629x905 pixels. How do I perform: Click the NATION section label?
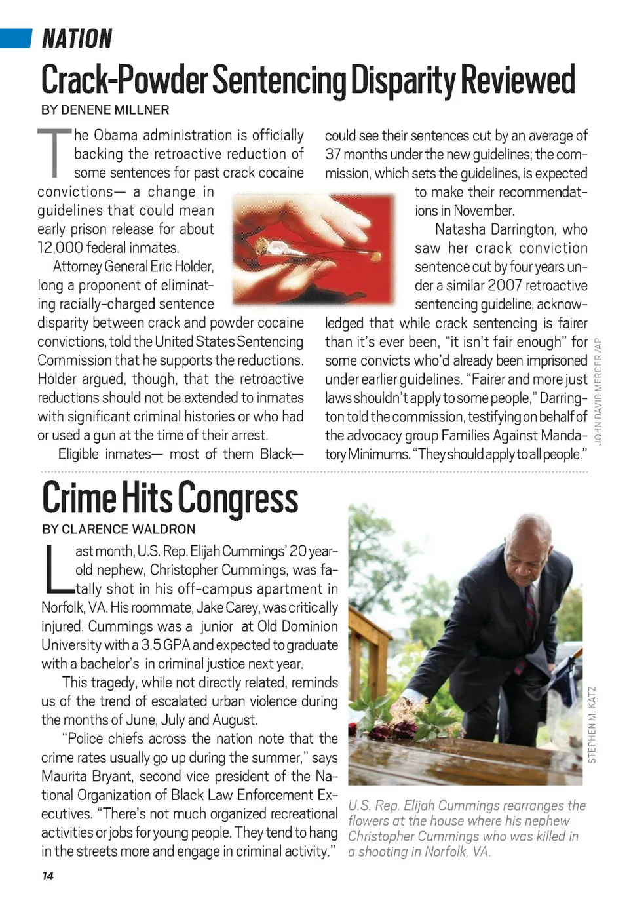click(x=77, y=39)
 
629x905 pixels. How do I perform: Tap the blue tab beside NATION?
click(x=16, y=38)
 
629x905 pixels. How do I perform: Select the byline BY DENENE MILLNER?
click(x=105, y=110)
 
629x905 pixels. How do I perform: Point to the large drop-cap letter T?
click(x=54, y=153)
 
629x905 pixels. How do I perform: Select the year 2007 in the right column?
click(x=514, y=286)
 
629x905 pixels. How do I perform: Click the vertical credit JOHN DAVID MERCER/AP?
click(x=598, y=391)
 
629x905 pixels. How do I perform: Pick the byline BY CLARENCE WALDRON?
click(x=118, y=530)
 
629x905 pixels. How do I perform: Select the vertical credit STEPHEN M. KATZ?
click(x=592, y=725)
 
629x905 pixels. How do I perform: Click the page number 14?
click(x=47, y=876)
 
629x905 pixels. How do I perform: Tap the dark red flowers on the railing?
click(x=394, y=728)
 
